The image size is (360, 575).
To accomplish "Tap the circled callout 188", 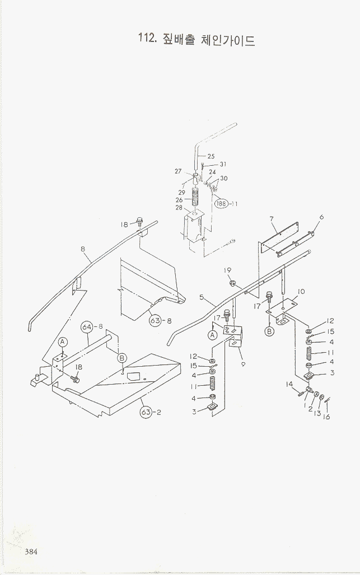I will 222,204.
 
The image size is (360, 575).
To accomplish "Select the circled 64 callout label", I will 87,326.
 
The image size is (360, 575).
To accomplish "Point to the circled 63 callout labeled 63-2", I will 146,413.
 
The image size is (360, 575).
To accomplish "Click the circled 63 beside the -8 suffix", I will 156,320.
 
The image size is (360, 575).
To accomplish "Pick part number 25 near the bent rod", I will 211,156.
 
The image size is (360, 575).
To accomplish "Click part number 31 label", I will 223,164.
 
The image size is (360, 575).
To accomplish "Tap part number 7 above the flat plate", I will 271,218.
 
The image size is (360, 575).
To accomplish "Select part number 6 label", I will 321,217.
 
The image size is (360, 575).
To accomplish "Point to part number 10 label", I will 301,291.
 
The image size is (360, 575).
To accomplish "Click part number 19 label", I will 228,270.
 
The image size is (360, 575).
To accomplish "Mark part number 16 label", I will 327,417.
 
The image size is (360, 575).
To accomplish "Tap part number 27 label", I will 179,171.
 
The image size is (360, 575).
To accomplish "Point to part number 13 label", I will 317,413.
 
